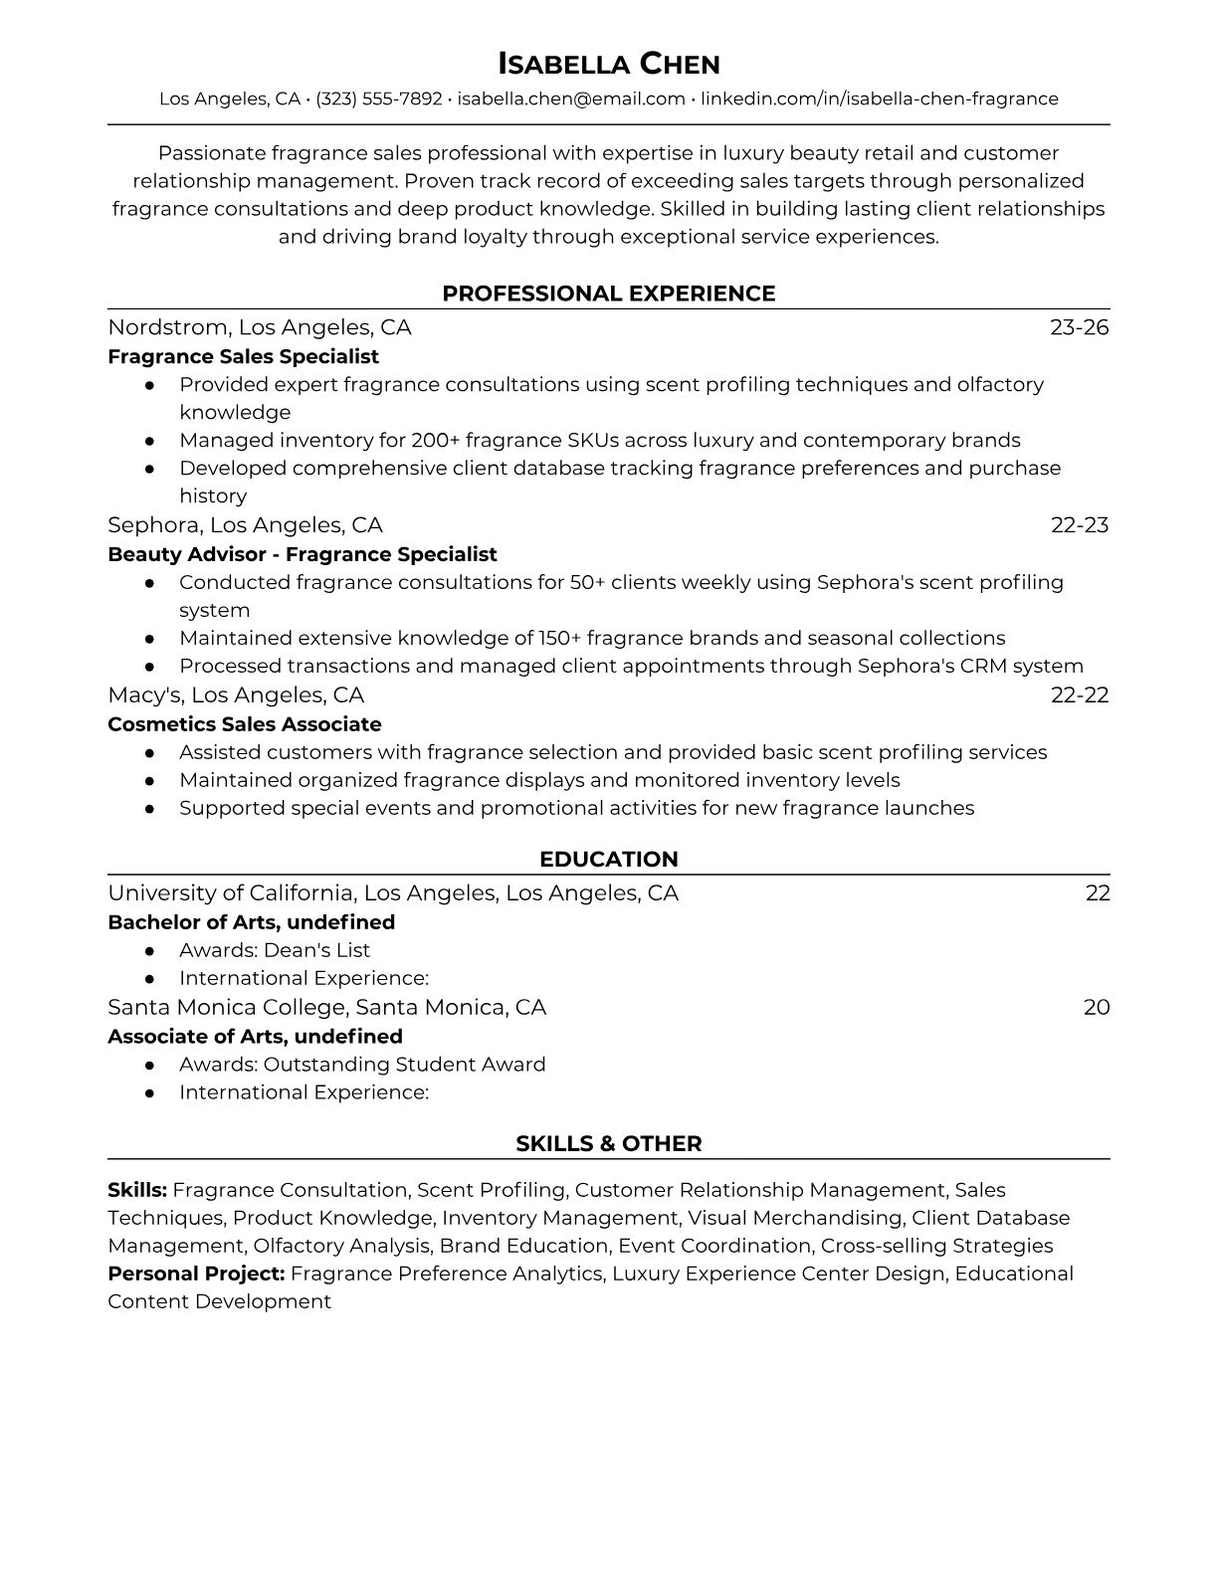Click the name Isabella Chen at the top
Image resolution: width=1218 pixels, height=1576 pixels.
[x=608, y=64]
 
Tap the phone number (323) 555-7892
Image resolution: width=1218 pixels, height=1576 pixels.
[x=378, y=98]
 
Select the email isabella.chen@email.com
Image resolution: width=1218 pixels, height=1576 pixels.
[x=571, y=98]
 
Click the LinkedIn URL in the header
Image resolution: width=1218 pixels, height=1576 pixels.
[x=879, y=98]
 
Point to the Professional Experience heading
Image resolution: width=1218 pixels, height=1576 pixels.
[x=608, y=294]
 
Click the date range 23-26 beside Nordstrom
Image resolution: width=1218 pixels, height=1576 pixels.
[x=1079, y=327]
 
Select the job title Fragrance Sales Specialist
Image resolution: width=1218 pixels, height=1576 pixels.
[x=243, y=356]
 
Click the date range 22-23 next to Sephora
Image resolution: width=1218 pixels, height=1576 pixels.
[x=1079, y=524]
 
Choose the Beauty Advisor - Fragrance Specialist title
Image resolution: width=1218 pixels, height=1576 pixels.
[x=302, y=554]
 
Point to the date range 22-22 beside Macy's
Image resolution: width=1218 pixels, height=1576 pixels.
[x=1079, y=694]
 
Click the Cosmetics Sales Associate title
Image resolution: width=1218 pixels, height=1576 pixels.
[x=244, y=724]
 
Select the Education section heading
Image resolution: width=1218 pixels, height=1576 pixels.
[x=608, y=860]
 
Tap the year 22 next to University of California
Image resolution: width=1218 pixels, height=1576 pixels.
[x=1097, y=893]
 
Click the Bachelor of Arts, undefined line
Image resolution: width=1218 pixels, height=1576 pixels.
[x=251, y=922]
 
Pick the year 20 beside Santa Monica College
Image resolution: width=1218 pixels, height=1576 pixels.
[x=1096, y=1007]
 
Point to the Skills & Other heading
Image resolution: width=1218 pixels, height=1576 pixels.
[x=608, y=1144]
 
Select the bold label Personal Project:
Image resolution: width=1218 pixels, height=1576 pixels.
[x=196, y=1274]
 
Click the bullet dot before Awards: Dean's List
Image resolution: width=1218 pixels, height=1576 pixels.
[x=149, y=950]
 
